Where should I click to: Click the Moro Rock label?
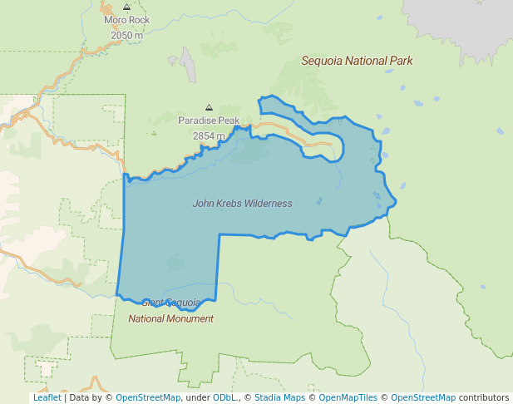pos(126,20)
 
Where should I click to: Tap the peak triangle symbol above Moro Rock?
pos(126,7)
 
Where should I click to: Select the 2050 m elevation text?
pos(126,35)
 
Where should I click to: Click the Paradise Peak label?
pos(209,121)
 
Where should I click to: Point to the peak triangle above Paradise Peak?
pos(209,107)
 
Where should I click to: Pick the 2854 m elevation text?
pos(209,135)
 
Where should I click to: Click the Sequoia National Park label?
pos(357,61)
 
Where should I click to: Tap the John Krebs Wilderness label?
pos(242,203)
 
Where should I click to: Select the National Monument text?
pos(170,318)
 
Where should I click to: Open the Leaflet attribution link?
pos(47,397)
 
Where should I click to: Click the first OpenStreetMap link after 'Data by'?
pos(148,397)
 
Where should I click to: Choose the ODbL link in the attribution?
pos(225,397)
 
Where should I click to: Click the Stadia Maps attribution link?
pos(279,397)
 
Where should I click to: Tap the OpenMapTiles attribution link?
pos(348,397)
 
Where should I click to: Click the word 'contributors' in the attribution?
pos(484,397)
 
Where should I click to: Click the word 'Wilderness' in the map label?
pos(268,203)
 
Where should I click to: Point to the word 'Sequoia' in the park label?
pos(320,61)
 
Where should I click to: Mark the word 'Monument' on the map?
pos(190,318)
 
